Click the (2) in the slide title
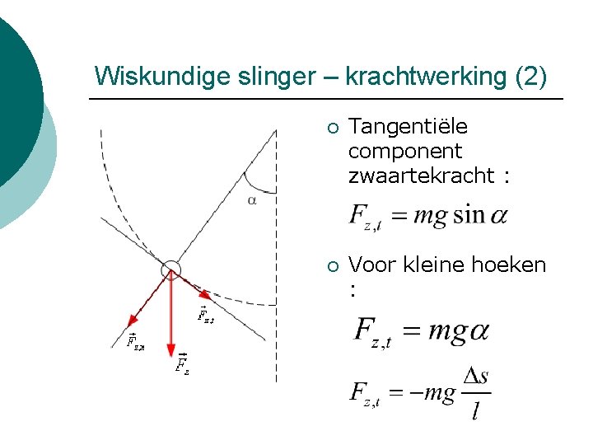tap(530, 77)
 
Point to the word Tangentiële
tap(408, 127)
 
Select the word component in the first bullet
tap(405, 152)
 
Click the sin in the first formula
tap(469, 216)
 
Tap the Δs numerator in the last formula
tap(476, 377)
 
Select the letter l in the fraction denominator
tap(475, 410)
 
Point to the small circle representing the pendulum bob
tap(170, 268)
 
